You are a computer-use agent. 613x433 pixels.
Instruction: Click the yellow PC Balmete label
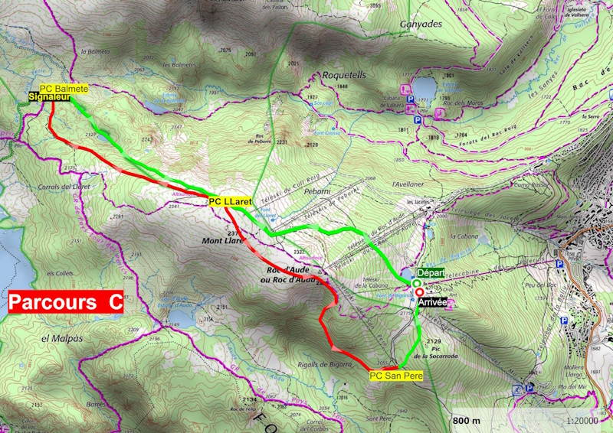pos(64,89)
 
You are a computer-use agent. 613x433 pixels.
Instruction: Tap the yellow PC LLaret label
pos(230,201)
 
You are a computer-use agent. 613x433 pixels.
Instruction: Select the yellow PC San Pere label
pos(395,376)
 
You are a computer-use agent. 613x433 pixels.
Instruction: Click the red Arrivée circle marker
pos(419,291)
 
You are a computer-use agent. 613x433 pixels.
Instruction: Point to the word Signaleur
pos(49,97)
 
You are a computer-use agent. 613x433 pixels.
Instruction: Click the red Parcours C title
pos(65,301)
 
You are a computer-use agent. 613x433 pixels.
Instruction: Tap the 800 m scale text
pos(466,421)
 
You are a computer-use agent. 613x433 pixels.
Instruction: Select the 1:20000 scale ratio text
pos(582,421)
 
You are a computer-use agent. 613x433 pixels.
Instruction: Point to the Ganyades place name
pos(421,23)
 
